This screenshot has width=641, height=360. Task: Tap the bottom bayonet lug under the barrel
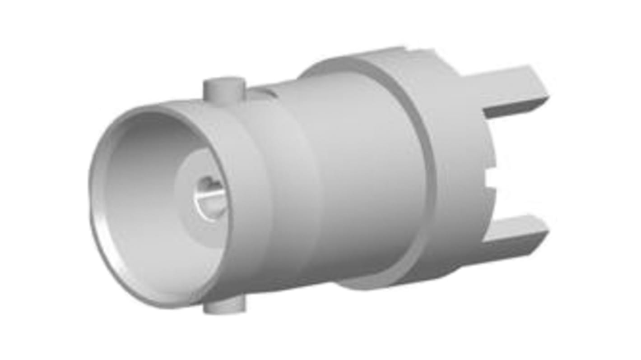tap(224, 306)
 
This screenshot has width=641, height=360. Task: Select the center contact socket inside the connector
tap(210, 197)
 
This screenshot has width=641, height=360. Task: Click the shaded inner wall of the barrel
tap(135, 189)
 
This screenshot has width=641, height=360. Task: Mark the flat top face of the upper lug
tap(224, 83)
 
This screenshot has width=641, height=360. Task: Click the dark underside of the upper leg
tap(515, 108)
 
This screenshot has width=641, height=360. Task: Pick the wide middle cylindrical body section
tap(361, 180)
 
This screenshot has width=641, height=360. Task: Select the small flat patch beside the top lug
tap(262, 93)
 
